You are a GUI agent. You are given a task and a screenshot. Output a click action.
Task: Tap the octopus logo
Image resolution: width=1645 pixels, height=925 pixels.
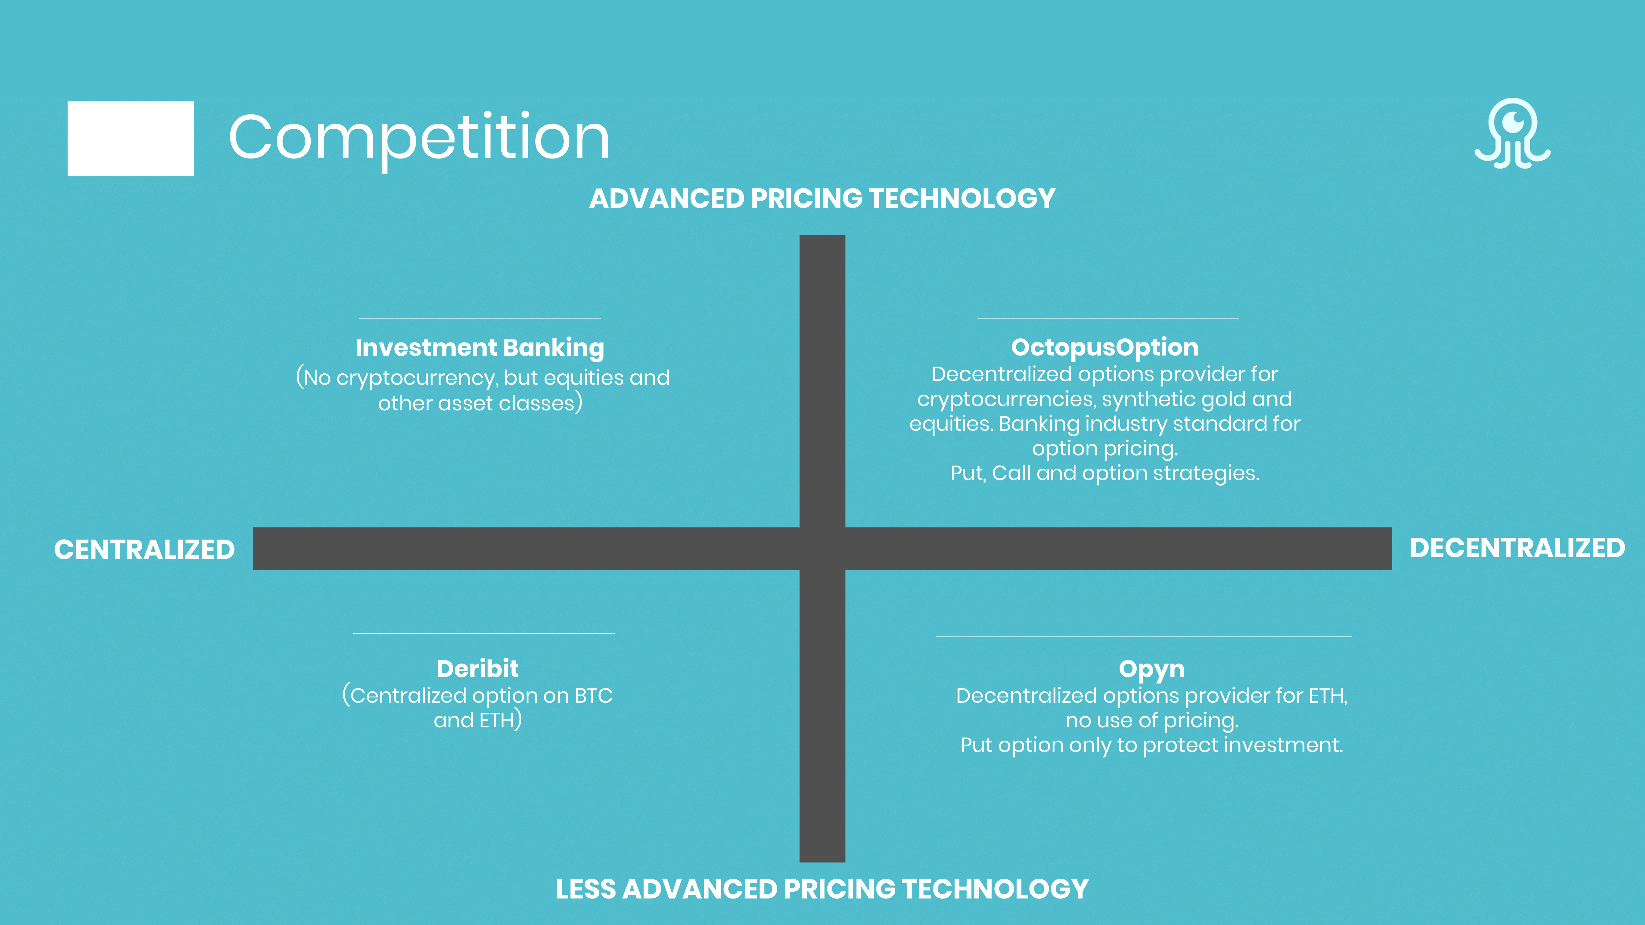pos(1512,134)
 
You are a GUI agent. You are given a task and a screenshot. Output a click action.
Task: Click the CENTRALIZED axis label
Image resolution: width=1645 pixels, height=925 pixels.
pos(144,550)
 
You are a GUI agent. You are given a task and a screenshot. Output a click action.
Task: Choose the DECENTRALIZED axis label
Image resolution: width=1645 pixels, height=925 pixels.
pos(1517,548)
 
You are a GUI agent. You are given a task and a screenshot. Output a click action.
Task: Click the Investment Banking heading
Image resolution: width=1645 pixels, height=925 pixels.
pos(479,348)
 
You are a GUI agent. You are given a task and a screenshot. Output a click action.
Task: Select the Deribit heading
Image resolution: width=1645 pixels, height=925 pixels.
pos(478,668)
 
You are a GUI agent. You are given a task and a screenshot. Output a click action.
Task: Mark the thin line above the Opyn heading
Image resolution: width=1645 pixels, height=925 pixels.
pos(1144,636)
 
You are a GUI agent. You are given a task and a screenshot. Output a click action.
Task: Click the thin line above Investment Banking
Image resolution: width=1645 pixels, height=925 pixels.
pos(479,318)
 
